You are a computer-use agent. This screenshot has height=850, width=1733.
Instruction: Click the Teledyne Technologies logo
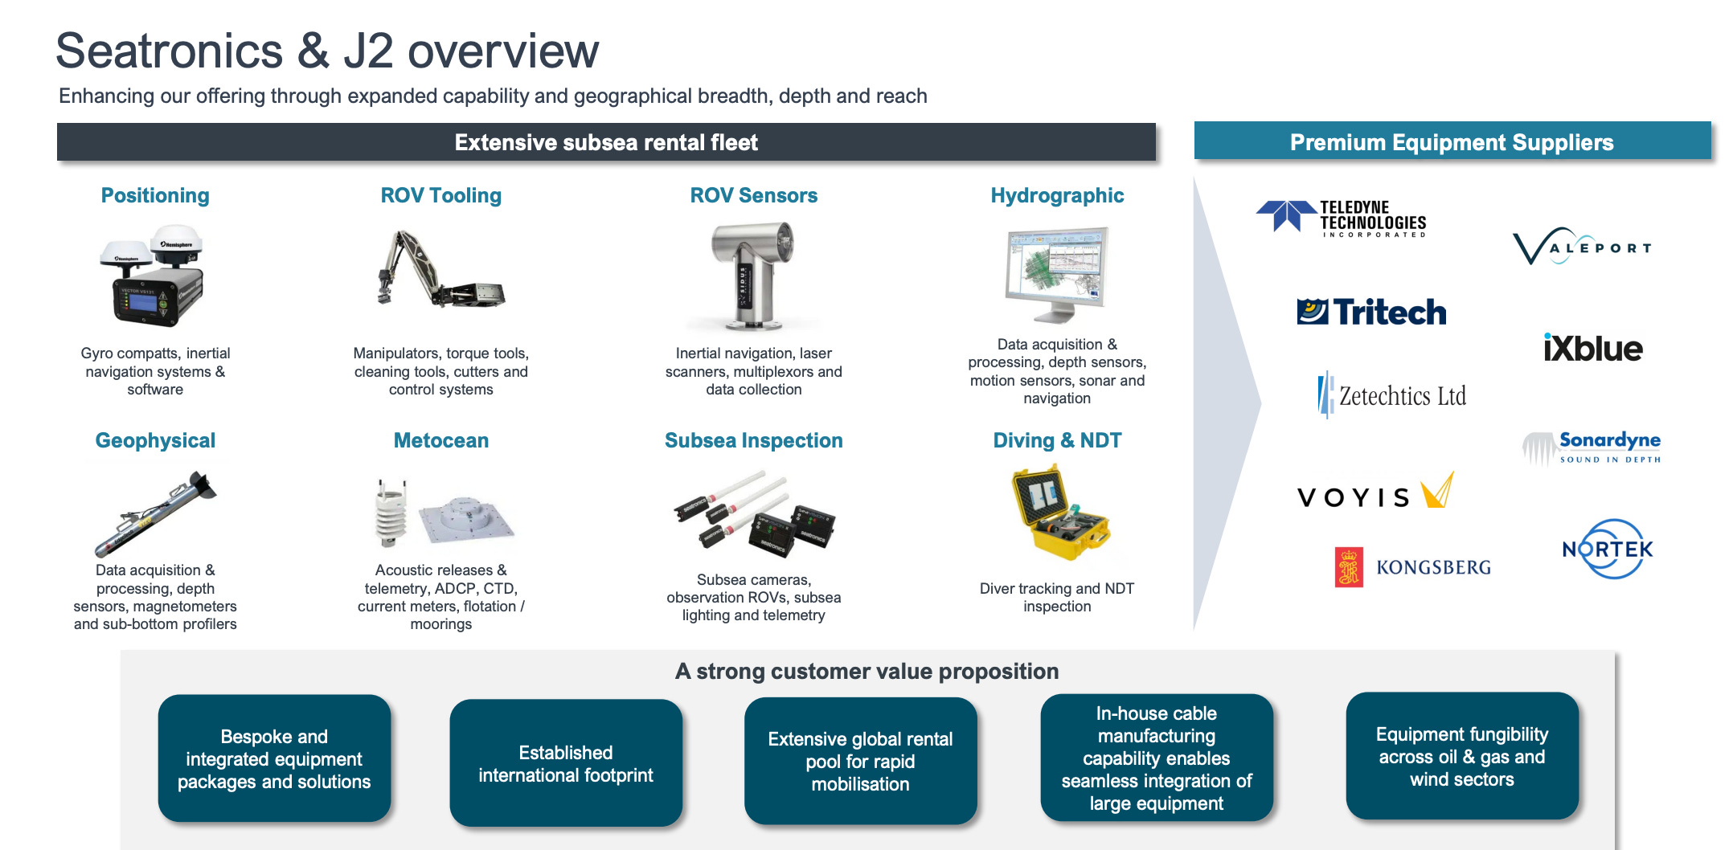pyautogui.click(x=1342, y=219)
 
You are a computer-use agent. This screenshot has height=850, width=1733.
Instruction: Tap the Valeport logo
pyautogui.click(x=1582, y=247)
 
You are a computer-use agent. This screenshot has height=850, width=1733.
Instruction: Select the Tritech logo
pyautogui.click(x=1371, y=312)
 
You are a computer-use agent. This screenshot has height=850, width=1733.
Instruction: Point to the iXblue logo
pyautogui.click(x=1592, y=348)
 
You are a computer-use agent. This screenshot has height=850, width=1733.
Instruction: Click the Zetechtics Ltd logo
pyautogui.click(x=1392, y=395)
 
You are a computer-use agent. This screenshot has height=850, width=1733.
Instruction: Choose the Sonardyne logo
pyautogui.click(x=1592, y=447)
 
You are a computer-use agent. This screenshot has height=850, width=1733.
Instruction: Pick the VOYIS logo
pyautogui.click(x=1375, y=492)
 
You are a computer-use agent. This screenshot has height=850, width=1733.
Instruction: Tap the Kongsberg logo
pyautogui.click(x=1412, y=567)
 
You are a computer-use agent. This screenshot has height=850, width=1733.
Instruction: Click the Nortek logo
pyautogui.click(x=1607, y=550)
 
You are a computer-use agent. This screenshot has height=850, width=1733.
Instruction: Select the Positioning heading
pyautogui.click(x=155, y=195)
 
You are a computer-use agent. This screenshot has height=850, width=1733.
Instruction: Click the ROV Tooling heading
pyautogui.click(x=440, y=195)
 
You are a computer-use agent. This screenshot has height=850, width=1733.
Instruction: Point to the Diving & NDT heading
pyautogui.click(x=1057, y=440)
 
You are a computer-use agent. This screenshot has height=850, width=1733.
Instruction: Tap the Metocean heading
pyautogui.click(x=440, y=440)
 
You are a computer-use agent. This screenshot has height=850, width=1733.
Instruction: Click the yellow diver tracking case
pyautogui.click(x=1058, y=513)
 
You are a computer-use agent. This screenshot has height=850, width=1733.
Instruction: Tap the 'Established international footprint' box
pyautogui.click(x=566, y=762)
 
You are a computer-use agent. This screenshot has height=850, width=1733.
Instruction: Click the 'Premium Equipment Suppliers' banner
pyautogui.click(x=1452, y=142)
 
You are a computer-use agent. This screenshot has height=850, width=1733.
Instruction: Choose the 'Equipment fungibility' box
pyautogui.click(x=1461, y=756)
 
